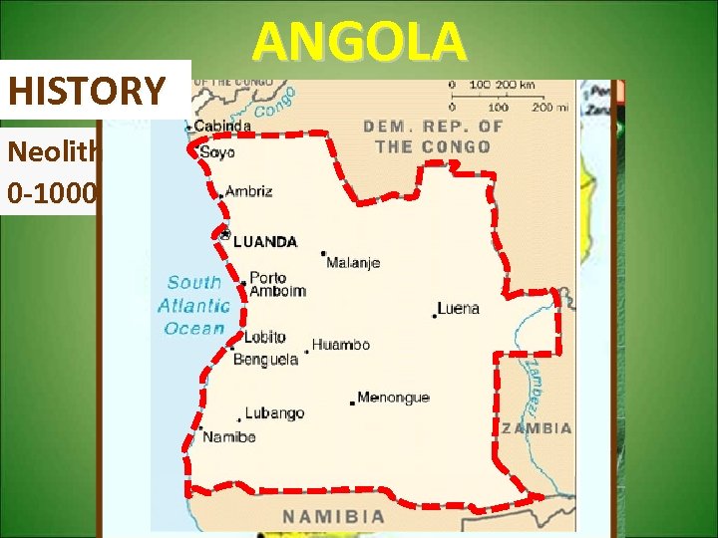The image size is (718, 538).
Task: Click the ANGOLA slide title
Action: tap(359, 43)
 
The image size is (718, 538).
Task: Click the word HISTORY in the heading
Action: tap(87, 92)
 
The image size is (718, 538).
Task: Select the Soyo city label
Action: tap(218, 152)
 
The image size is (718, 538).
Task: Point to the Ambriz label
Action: tap(248, 191)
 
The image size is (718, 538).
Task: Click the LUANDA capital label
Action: tap(265, 241)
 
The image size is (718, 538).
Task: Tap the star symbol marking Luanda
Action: tap(226, 236)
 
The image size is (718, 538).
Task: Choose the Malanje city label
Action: tap(353, 263)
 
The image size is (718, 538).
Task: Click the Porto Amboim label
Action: tap(276, 284)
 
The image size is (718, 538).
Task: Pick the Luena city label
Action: tap(459, 308)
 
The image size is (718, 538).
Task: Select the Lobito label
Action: tap(264, 338)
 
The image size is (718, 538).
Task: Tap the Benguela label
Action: tap(265, 359)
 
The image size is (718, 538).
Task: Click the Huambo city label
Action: tap(341, 345)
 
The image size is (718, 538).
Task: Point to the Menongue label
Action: tap(393, 397)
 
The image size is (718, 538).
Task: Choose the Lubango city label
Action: tap(276, 412)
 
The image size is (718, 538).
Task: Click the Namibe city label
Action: tap(228, 436)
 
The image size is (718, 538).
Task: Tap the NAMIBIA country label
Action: tap(334, 516)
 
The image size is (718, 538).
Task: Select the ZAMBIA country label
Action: tap(537, 428)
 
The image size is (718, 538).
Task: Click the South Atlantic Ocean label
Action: tap(193, 305)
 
